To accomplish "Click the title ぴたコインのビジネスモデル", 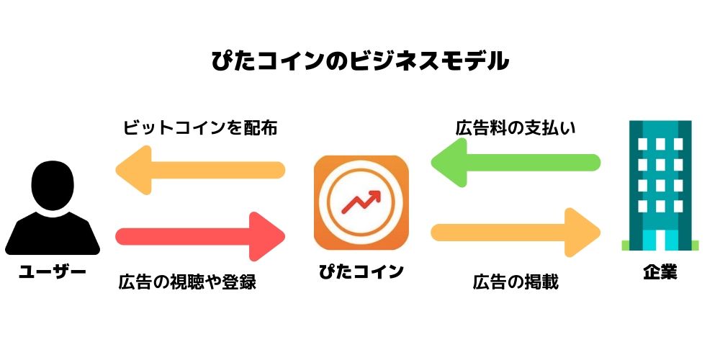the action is click(x=360, y=61).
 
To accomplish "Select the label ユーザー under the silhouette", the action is click(x=53, y=272).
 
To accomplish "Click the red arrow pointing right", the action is click(x=200, y=236).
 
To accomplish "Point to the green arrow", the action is click(x=516, y=162).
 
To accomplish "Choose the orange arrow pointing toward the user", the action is click(x=200, y=170).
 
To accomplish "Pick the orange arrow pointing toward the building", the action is click(x=516, y=233).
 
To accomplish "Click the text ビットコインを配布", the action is click(x=200, y=127).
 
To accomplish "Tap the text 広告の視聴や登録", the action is click(x=187, y=282).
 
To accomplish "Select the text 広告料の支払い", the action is click(x=516, y=127).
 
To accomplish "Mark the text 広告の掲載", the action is click(x=516, y=282).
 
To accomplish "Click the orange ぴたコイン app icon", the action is click(x=361, y=202).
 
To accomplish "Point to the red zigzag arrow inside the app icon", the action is click(x=361, y=202).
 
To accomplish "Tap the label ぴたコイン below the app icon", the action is click(x=361, y=271).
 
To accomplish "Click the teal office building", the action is click(x=660, y=186).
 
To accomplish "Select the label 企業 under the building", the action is click(x=660, y=272).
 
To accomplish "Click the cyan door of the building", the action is click(x=660, y=240).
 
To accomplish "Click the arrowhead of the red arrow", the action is click(x=267, y=236).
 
